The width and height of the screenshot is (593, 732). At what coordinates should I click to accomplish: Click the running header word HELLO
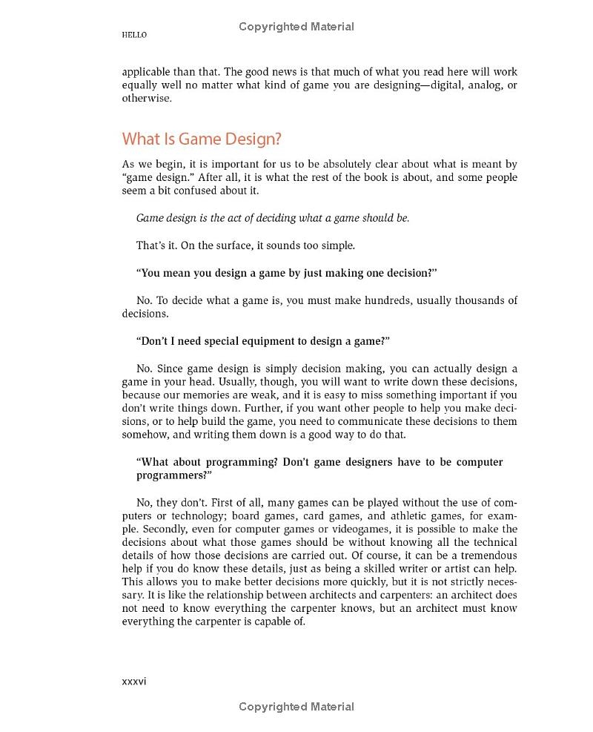[x=134, y=35]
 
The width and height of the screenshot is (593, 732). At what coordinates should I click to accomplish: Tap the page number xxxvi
[x=134, y=681]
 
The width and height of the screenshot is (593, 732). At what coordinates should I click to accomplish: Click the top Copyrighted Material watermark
[x=296, y=27]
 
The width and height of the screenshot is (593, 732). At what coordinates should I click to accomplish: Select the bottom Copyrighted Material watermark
[x=296, y=707]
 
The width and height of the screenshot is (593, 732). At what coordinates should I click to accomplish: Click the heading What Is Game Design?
[x=202, y=139]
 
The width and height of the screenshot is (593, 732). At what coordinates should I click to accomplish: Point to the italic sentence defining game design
[x=273, y=218]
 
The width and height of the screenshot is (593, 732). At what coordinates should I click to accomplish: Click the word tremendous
[x=487, y=555]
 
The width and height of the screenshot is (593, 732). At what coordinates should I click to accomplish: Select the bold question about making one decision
[x=287, y=273]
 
